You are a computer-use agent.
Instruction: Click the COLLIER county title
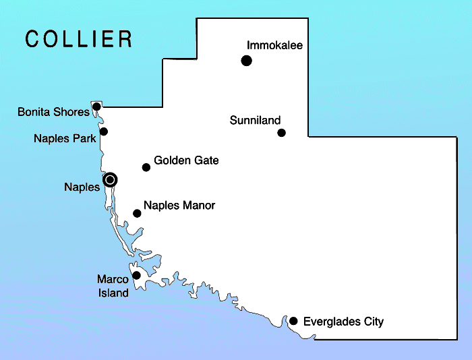pyautogui.click(x=79, y=39)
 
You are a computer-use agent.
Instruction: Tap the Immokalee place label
pyautogui.click(x=274, y=46)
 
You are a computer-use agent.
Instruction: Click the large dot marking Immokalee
pyautogui.click(x=247, y=61)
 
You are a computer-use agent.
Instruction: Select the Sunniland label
pyautogui.click(x=255, y=121)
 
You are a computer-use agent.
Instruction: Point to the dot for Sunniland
pyautogui.click(x=282, y=133)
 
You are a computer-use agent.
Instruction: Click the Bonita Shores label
pyautogui.click(x=53, y=112)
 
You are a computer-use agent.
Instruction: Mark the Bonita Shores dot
pyautogui.click(x=97, y=107)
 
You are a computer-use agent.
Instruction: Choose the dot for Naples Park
pyautogui.click(x=104, y=131)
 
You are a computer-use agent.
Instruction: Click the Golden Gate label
pyautogui.click(x=186, y=160)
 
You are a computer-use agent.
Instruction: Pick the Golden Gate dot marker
pyautogui.click(x=146, y=167)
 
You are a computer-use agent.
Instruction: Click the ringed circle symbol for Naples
pyautogui.click(x=111, y=179)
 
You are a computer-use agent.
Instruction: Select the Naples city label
pyautogui.click(x=82, y=187)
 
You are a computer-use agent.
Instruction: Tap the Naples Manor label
pyautogui.click(x=179, y=205)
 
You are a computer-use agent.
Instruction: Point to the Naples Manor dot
pyautogui.click(x=137, y=214)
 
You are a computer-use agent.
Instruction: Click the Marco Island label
pyautogui.click(x=112, y=285)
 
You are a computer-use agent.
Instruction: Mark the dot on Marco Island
pyautogui.click(x=136, y=275)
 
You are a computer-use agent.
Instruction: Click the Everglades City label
pyautogui.click(x=343, y=322)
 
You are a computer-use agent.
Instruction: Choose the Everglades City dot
pyautogui.click(x=293, y=321)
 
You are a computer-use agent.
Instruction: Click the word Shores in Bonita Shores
pyautogui.click(x=72, y=112)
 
